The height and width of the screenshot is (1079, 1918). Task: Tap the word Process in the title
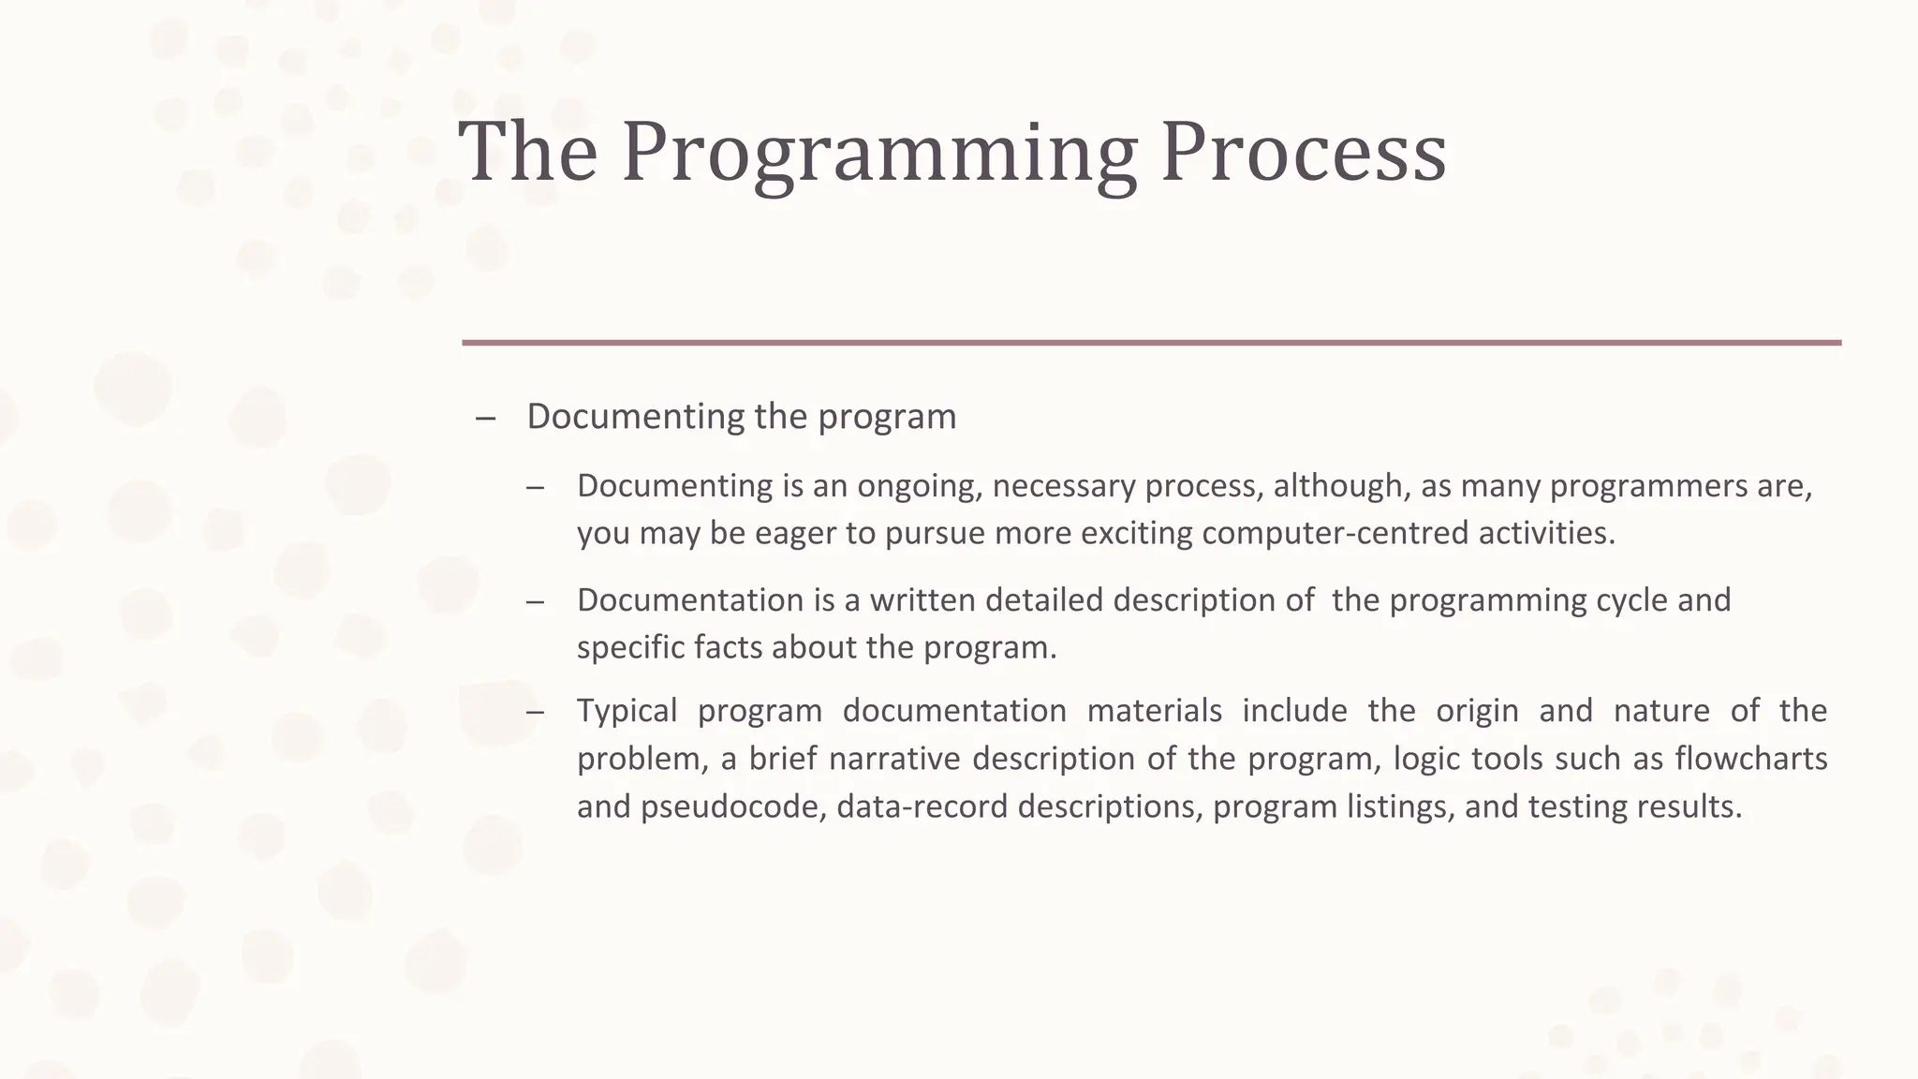pos(1303,152)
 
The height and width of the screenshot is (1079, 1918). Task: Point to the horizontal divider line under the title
pos(1151,343)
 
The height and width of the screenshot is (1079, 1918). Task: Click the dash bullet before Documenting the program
pos(485,418)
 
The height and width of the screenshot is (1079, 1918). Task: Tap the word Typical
pos(627,711)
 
